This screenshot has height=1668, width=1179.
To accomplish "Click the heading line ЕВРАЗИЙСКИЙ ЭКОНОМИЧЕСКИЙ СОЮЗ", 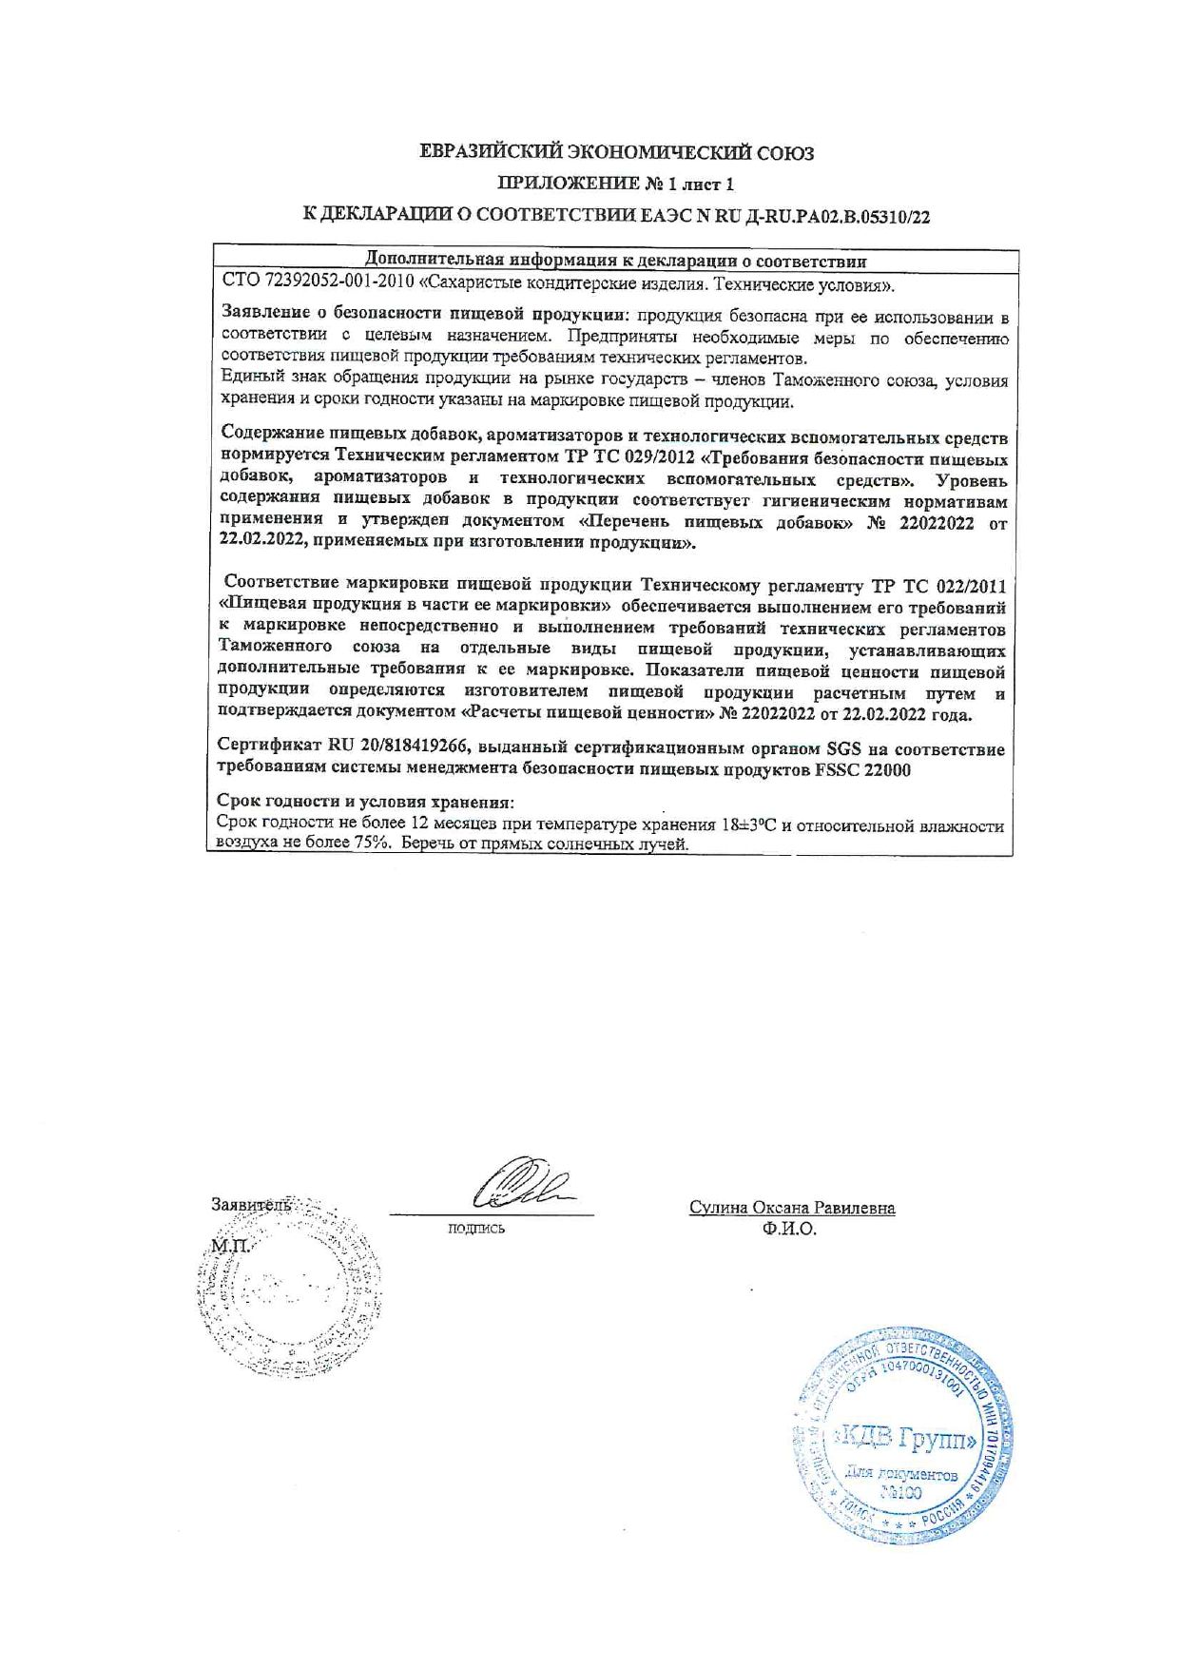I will pyautogui.click(x=617, y=152).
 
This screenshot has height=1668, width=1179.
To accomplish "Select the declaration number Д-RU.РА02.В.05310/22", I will pyautogui.click(x=822, y=217).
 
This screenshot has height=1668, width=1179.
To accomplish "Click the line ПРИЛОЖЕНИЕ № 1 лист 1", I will pyautogui.click(x=617, y=184).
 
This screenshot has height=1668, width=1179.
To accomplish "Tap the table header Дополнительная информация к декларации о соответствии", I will pyautogui.click(x=616, y=261).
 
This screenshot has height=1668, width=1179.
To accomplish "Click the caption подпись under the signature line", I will pyautogui.click(x=475, y=1229).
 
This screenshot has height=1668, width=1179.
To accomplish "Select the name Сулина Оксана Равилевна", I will pyautogui.click(x=792, y=1208).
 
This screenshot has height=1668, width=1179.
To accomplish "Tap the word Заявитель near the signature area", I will pyautogui.click(x=251, y=1205).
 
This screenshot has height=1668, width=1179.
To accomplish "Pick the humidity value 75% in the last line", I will pyautogui.click(x=370, y=844).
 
